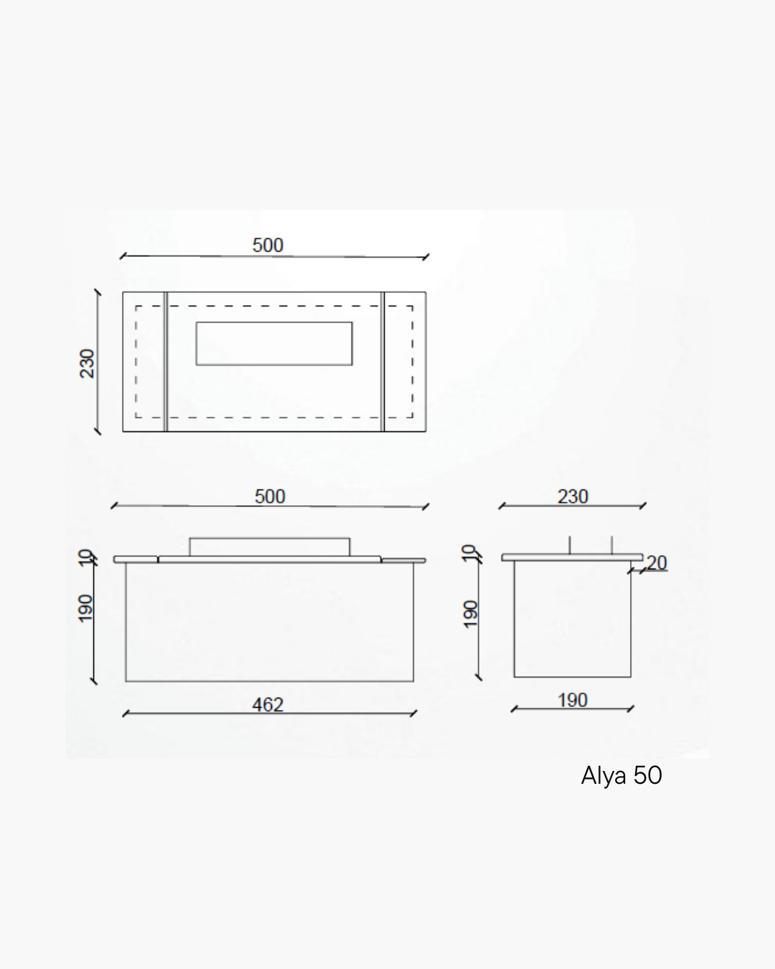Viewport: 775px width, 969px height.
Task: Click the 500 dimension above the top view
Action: point(268,245)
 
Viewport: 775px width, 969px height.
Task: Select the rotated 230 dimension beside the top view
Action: point(87,363)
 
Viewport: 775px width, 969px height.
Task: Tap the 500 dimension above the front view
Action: point(270,497)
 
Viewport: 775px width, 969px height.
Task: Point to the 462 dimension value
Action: point(268,705)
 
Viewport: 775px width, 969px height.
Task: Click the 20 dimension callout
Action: point(657,563)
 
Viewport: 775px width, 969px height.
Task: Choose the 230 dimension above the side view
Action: point(573,497)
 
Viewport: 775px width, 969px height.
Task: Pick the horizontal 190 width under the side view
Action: point(573,701)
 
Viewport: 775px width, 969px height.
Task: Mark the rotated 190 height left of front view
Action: point(85,609)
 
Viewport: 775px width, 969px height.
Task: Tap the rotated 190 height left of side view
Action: point(471,614)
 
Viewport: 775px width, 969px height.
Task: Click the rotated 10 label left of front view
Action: point(85,558)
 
